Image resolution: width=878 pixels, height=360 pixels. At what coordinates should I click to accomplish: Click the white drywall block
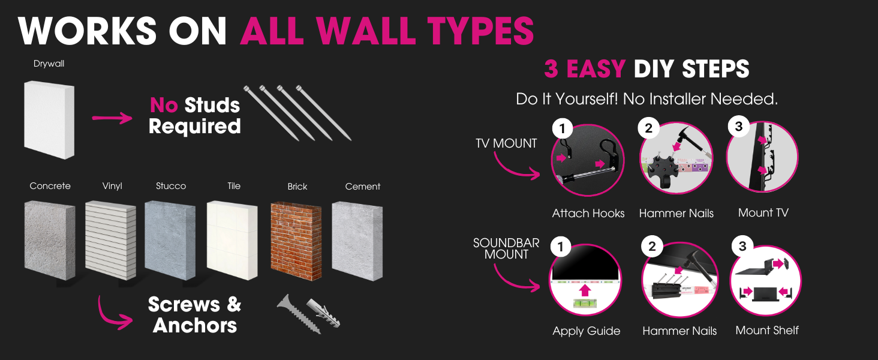(x=49, y=119)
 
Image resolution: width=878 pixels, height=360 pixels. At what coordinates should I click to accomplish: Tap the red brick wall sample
(x=296, y=241)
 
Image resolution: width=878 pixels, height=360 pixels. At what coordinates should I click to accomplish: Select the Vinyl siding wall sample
(x=110, y=240)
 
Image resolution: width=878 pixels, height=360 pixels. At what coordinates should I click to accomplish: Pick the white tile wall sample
(x=232, y=240)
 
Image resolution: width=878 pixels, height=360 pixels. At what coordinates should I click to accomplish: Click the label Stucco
(x=171, y=186)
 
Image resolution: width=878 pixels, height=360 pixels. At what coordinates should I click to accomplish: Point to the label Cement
(x=363, y=186)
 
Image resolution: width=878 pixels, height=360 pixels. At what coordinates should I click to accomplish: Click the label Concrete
(x=50, y=186)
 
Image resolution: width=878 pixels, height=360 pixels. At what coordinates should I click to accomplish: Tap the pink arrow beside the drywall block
(x=112, y=118)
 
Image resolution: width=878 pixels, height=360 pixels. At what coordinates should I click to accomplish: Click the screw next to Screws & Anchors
(x=299, y=314)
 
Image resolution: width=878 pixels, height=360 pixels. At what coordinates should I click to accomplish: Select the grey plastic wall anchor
(x=323, y=313)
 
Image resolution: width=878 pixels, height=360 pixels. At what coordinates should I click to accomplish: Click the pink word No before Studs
(x=164, y=105)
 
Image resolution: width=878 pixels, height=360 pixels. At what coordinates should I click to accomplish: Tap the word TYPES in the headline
(x=480, y=31)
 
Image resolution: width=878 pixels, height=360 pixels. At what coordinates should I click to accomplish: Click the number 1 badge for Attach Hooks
(x=563, y=128)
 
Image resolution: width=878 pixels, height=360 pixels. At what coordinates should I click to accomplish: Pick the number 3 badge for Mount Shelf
(x=742, y=246)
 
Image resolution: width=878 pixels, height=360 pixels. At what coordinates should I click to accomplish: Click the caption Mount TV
(x=763, y=212)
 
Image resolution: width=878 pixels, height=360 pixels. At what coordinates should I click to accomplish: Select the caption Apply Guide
(x=587, y=331)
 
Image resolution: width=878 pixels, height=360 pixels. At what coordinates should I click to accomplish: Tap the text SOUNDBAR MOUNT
(x=506, y=248)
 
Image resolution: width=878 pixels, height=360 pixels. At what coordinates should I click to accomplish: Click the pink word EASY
(x=596, y=68)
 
